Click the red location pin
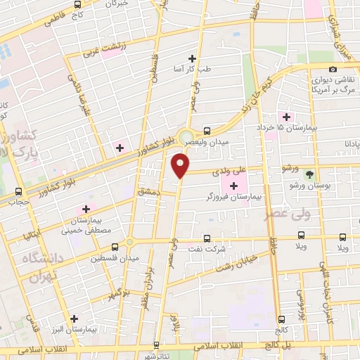(181, 164)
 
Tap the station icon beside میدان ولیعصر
(207, 130)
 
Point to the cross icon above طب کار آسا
(192, 58)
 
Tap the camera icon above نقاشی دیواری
(333, 69)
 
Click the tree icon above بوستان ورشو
(309, 174)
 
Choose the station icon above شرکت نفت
(207, 238)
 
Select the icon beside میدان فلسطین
(115, 246)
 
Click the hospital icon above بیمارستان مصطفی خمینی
(86, 209)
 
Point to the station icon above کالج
(281, 319)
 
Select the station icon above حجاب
(18, 191)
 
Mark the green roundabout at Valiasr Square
(186, 137)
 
